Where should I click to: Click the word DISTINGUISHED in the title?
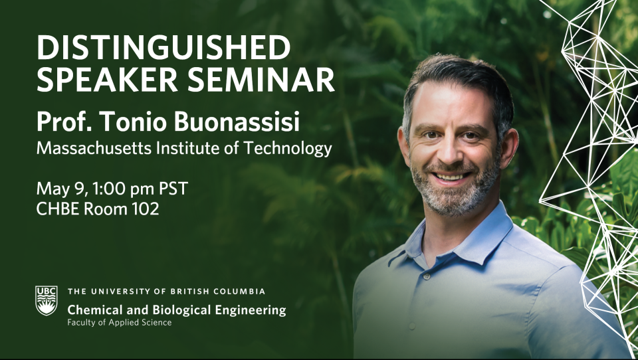tap(163, 47)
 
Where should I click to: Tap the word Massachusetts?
tap(94, 148)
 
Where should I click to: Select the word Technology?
tap(288, 149)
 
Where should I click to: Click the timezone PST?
tap(173, 189)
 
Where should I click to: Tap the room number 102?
tap(145, 209)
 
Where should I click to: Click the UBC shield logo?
tap(47, 301)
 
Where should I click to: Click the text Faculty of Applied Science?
tap(120, 323)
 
